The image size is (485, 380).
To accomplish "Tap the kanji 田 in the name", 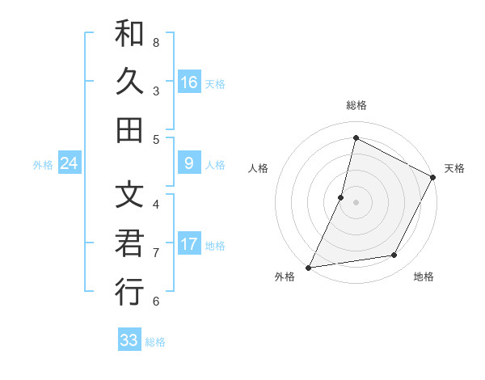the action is coord(129,129).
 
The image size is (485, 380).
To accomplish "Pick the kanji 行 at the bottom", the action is coord(129,291).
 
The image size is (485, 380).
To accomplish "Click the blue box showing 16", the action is coord(188,82).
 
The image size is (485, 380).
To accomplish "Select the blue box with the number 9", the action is coord(188,164).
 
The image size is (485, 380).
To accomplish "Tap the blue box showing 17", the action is coord(188,244).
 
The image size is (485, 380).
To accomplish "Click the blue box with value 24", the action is coord(69,164).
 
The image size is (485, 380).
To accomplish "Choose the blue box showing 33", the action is coord(129,340).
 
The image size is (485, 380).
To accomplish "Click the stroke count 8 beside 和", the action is coord(156,42).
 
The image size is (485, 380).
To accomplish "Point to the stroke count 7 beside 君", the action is coord(156,252).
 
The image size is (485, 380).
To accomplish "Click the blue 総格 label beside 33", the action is coord(155,342).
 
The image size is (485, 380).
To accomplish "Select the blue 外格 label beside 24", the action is coord(43,165).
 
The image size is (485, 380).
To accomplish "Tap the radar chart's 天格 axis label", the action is coord(454,168).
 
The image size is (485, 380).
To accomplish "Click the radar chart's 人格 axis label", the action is coord(259,168).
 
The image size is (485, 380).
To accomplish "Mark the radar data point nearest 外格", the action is coord(309,267).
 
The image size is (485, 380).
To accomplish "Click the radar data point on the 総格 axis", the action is coord(356,137).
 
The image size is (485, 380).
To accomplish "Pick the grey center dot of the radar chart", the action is coord(356,201).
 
